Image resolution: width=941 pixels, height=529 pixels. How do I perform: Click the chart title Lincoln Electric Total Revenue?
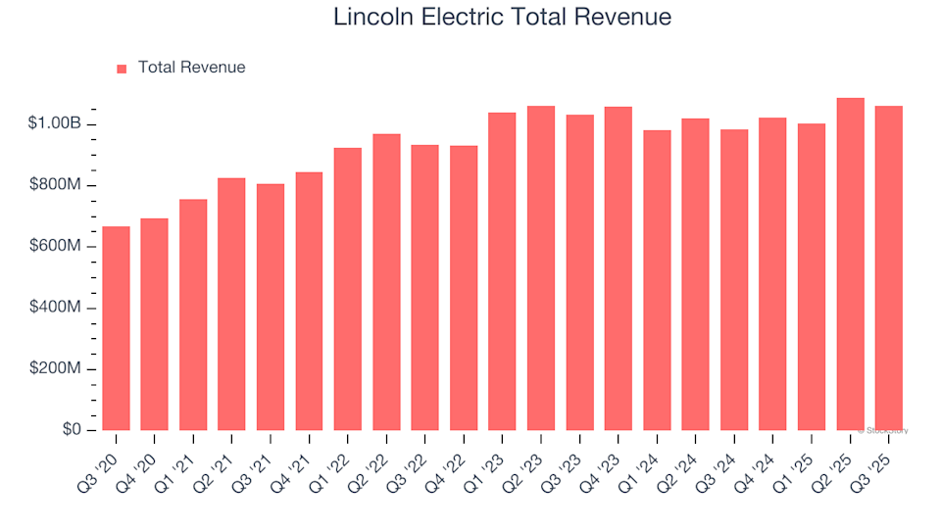coord(502,18)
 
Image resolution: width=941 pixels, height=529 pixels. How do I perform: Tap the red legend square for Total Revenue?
coord(122,69)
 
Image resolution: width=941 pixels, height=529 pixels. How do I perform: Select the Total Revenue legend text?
coord(191,68)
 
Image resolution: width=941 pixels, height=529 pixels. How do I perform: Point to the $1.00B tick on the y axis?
coord(55,124)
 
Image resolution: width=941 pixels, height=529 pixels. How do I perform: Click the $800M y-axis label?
coord(55,185)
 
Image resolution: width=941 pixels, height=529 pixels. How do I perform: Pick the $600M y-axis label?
coord(55,246)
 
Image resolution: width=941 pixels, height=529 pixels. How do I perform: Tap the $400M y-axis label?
coord(55,308)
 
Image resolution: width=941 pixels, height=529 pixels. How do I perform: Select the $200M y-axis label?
coord(55,369)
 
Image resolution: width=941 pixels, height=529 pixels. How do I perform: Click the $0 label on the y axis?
coord(72,430)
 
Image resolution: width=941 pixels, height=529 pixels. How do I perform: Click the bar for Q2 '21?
coord(231,304)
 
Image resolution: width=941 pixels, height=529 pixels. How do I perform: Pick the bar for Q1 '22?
coord(348,289)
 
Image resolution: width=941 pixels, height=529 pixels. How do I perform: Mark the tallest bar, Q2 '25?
coord(850,264)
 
